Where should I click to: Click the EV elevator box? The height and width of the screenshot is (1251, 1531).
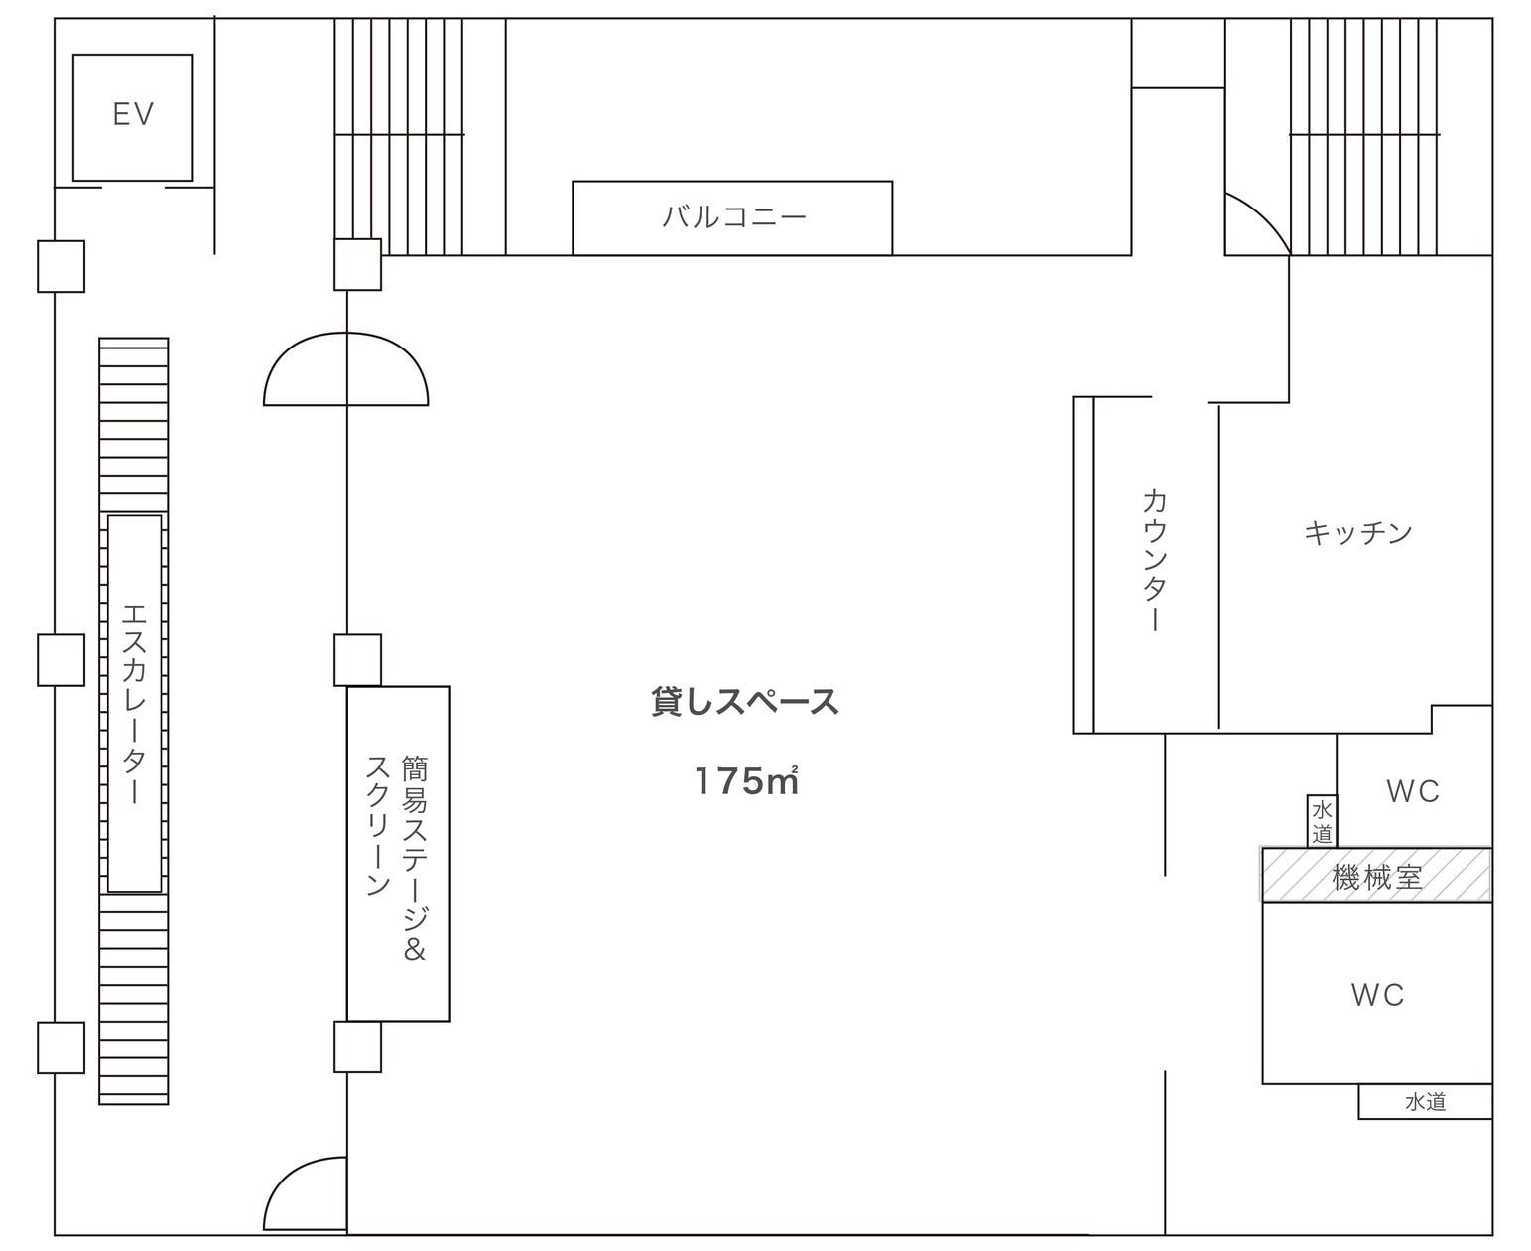[x=133, y=117]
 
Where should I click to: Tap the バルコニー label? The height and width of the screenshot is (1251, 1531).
[x=733, y=216]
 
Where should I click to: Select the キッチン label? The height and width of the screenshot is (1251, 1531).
[x=1357, y=533]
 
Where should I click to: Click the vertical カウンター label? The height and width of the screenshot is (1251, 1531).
[x=1154, y=560]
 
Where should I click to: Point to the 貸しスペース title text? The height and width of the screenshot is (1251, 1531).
[x=744, y=702]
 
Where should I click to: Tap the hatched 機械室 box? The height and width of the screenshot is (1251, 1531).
[x=1376, y=875]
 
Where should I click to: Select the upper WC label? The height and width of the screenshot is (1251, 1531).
[x=1412, y=791]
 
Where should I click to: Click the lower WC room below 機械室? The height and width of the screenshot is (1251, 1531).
[x=1377, y=994]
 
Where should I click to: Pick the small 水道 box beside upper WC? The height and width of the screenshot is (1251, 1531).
[x=1322, y=821]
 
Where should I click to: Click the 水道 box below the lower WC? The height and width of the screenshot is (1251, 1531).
[x=1425, y=1102]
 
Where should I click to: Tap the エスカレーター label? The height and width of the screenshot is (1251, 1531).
[x=134, y=703]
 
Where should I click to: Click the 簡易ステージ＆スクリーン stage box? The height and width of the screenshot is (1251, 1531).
[x=399, y=854]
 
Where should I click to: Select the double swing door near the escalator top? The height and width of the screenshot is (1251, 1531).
[x=346, y=370]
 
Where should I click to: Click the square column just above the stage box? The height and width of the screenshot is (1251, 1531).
[x=357, y=660]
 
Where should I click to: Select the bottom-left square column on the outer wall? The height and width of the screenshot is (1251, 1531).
[x=61, y=1047]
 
